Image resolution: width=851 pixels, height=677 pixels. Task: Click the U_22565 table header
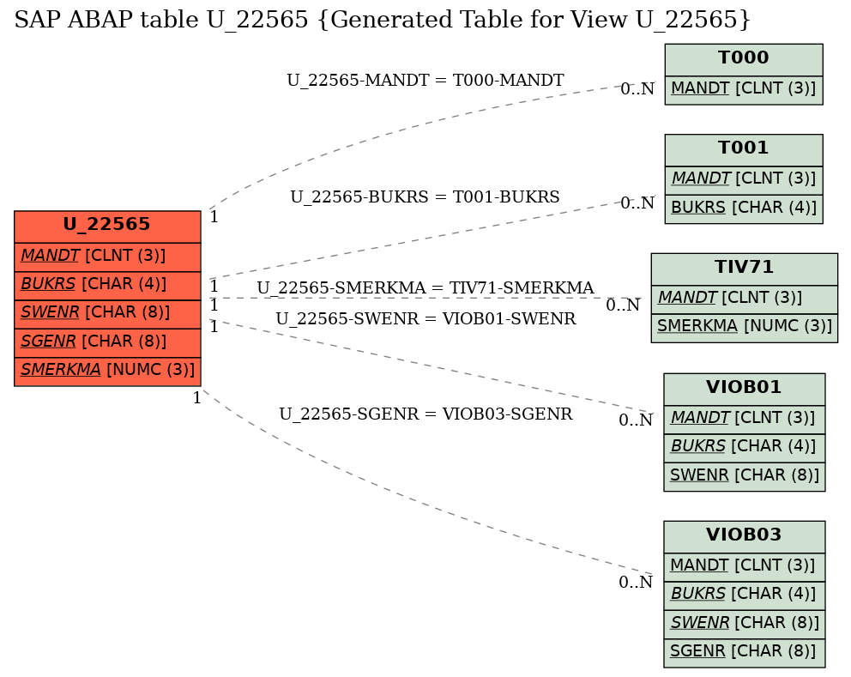click(x=107, y=227)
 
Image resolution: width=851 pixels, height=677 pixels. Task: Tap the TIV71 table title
click(x=744, y=269)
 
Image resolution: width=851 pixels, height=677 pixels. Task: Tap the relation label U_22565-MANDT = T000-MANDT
click(x=425, y=81)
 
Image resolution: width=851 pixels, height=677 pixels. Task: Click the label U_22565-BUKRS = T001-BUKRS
click(x=425, y=196)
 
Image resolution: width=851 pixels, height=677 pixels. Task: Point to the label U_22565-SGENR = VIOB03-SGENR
click(x=426, y=414)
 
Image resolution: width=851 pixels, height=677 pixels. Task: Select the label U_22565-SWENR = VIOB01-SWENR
click(x=426, y=318)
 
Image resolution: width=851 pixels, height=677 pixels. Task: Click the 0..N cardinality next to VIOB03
click(x=636, y=582)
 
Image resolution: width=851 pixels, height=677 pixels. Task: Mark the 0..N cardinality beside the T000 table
click(x=637, y=88)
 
